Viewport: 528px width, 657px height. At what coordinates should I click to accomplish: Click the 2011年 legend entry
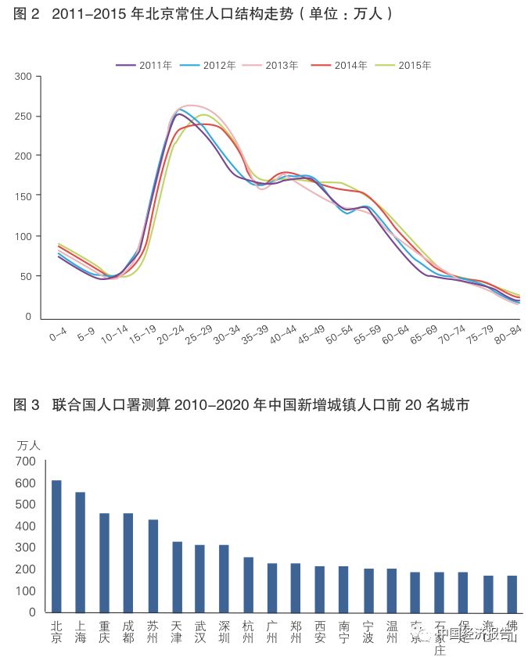point(144,65)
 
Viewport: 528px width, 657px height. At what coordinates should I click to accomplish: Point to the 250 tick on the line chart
point(23,116)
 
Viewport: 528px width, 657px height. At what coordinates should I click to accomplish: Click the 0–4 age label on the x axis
point(57,335)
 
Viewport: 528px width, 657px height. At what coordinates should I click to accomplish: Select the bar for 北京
point(56,546)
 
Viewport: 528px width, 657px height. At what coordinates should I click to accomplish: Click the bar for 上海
point(80,552)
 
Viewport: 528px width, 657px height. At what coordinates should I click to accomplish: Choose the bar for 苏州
point(153,565)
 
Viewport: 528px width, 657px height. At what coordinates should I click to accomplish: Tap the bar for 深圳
point(224,578)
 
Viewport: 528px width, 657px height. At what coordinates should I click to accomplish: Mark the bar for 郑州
point(296,587)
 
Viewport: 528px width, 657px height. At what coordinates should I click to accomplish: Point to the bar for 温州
point(391,590)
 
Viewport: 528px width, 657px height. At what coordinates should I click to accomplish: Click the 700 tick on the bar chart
point(25,461)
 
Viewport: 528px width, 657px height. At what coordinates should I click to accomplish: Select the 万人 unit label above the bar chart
point(28,444)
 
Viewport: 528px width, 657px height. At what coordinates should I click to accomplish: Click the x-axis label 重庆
point(104,631)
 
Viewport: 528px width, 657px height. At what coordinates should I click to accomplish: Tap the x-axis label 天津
point(176,631)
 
